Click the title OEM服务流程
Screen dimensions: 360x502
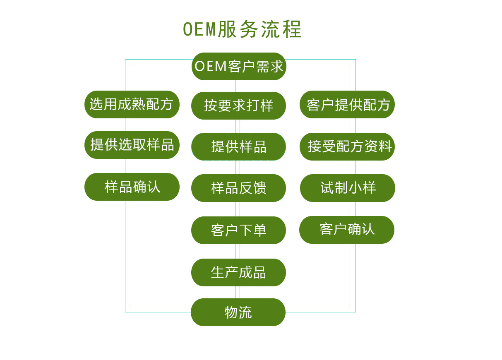pos(243,29)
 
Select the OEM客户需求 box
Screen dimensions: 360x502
pos(239,66)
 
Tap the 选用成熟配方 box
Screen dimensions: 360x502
pos(132,104)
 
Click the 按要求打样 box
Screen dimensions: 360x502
pos(238,106)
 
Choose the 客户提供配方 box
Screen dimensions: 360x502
pos(347,105)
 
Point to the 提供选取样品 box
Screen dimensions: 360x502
pos(132,145)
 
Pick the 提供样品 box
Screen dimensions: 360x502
pos(238,146)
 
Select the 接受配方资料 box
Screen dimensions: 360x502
pos(347,146)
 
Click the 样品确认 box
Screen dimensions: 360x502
pos(132,187)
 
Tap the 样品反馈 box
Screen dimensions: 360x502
pos(238,188)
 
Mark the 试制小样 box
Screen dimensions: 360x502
pos(348,188)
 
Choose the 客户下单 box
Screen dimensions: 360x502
pos(238,230)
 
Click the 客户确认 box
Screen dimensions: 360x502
pos(347,230)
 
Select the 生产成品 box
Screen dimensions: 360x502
pos(238,272)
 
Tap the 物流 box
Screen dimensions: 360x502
pos(238,312)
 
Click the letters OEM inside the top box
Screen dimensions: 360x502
pos(211,66)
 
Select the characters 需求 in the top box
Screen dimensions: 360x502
pos(269,66)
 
